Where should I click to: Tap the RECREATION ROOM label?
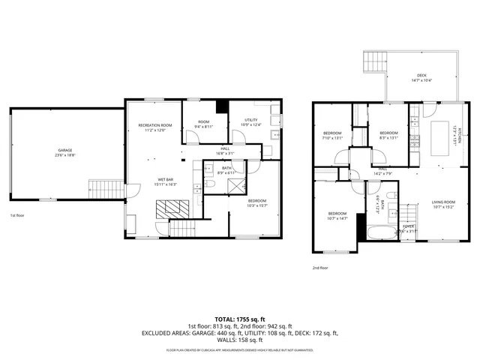tap(155, 124)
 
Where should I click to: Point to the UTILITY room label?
tap(252, 120)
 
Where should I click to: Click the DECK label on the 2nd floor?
tap(422, 75)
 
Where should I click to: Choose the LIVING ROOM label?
tap(443, 202)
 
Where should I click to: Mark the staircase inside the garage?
tap(110, 186)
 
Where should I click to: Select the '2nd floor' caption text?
tap(320, 267)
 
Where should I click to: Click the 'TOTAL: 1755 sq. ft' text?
tap(239, 319)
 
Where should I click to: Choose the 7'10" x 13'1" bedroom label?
tap(332, 138)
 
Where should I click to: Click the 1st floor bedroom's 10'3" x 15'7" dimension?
tap(257, 205)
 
